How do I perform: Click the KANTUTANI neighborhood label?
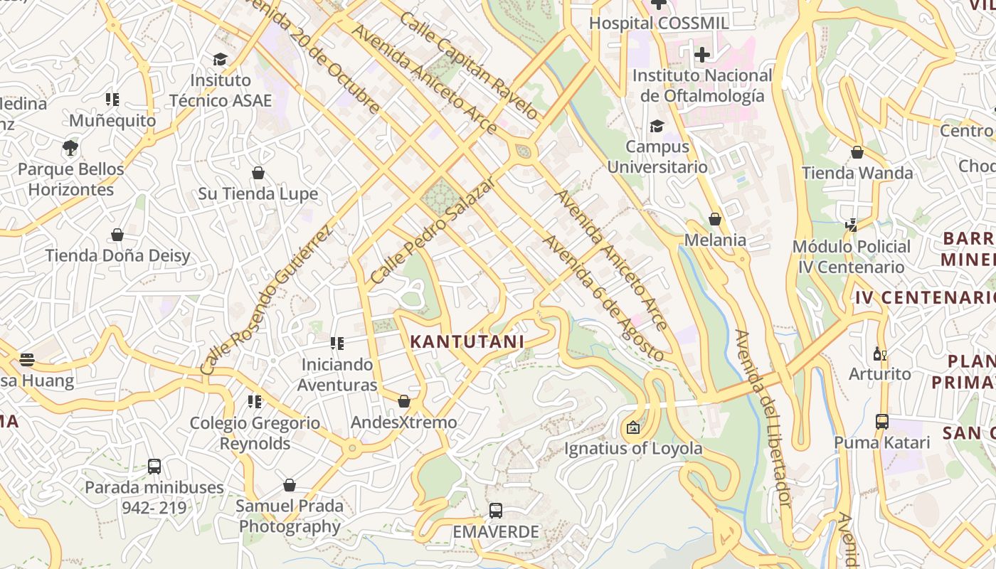(467, 341)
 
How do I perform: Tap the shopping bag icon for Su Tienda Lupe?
(258, 173)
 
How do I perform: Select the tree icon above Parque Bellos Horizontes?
(70, 148)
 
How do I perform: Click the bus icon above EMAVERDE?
(496, 511)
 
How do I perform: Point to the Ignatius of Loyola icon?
(632, 427)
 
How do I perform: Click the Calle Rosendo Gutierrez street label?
(266, 300)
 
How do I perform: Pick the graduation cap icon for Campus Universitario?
(657, 126)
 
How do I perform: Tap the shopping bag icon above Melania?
(715, 219)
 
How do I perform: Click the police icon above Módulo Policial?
(851, 225)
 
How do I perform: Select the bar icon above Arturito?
(880, 353)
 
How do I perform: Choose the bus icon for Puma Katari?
(882, 422)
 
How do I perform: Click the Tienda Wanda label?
(857, 173)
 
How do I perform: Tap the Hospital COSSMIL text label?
(659, 23)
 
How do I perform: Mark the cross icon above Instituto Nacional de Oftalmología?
(702, 54)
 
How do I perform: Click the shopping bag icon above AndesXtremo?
(404, 401)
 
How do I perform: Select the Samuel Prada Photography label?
(290, 516)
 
